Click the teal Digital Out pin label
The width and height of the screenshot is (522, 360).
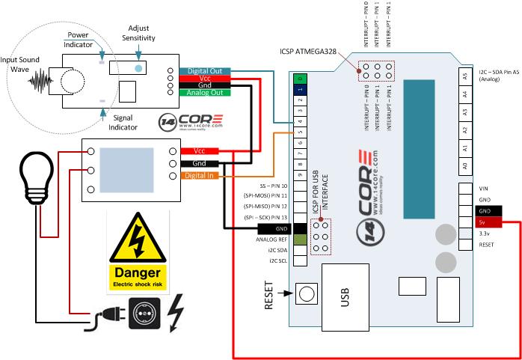pos(204,71)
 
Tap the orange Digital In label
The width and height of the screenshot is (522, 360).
pos(199,176)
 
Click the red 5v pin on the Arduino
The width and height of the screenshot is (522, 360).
pos(484,222)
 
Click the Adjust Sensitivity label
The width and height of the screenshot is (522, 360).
pos(139,33)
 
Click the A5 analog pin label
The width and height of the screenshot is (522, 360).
pos(464,76)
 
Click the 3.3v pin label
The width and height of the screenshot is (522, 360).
pos(484,234)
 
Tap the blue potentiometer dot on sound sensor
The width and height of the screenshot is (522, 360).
pos(138,68)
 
